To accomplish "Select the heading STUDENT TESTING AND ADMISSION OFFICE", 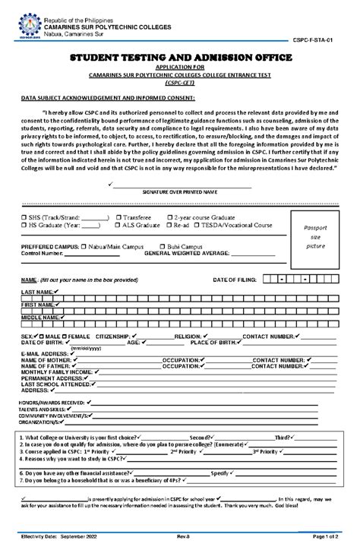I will [180, 58].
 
